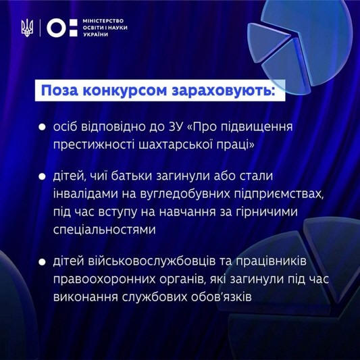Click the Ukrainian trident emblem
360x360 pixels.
[27, 28]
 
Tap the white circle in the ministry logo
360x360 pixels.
[56, 28]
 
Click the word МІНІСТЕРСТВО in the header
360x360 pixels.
[103, 21]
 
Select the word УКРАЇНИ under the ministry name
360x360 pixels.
[95, 34]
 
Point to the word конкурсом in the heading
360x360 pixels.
[125, 91]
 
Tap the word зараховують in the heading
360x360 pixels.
[223, 91]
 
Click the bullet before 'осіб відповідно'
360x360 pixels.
[42, 127]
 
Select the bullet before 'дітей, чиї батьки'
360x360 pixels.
[42, 176]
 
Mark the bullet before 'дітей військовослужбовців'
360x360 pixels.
[42, 262]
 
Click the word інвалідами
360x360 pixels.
[91, 194]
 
